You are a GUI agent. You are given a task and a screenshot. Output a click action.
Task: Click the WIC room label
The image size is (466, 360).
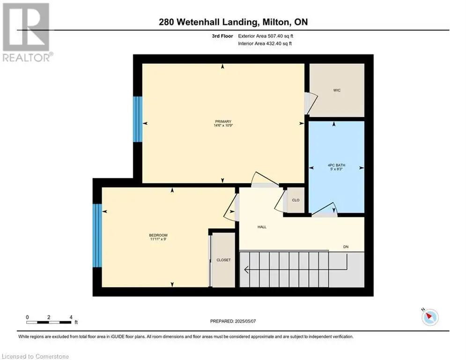pyautogui.click(x=337, y=90)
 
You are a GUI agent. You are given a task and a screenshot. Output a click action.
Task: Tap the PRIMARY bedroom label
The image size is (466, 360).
pyautogui.click(x=223, y=121)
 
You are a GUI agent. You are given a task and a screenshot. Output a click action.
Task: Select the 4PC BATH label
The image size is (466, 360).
pyautogui.click(x=336, y=165)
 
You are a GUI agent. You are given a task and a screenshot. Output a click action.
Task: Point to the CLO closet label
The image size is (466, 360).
pyautogui.click(x=296, y=200)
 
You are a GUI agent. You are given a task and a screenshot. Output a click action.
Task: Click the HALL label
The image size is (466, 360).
pyautogui.click(x=262, y=227)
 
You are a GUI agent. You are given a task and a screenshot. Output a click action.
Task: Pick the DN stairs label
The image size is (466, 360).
pyautogui.click(x=346, y=247)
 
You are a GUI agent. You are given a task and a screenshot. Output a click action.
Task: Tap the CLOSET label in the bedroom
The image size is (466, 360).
pyautogui.click(x=223, y=260)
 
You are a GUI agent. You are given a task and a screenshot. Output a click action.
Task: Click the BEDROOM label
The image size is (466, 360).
pyautogui.click(x=158, y=235)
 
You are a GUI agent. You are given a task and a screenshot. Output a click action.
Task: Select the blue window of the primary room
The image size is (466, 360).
pyautogui.click(x=138, y=119)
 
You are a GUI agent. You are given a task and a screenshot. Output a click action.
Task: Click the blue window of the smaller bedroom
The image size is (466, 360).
pyautogui.click(x=97, y=235)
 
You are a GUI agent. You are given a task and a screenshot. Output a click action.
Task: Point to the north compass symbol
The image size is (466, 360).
pyautogui.click(x=429, y=316)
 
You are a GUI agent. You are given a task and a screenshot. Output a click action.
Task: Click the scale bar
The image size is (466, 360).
pyautogui.click(x=49, y=322)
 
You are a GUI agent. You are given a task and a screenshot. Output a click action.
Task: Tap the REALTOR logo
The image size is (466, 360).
pyautogui.click(x=27, y=32)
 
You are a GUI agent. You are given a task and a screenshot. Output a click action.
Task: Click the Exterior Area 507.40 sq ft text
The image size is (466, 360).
pyautogui.click(x=266, y=36)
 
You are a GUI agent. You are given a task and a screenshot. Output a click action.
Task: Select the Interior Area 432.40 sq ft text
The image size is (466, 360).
pyautogui.click(x=265, y=44)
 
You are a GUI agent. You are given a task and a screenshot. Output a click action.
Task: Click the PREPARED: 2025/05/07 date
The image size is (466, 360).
pyautogui.click(x=233, y=321)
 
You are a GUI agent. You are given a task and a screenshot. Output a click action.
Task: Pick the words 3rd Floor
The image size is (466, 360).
pyautogui.click(x=222, y=36)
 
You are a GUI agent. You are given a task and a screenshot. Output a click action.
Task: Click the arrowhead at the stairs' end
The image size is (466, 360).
pyautogui.click(x=246, y=270)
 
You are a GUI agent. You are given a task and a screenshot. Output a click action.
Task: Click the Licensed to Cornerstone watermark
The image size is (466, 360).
pyautogui.click(x=35, y=356)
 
